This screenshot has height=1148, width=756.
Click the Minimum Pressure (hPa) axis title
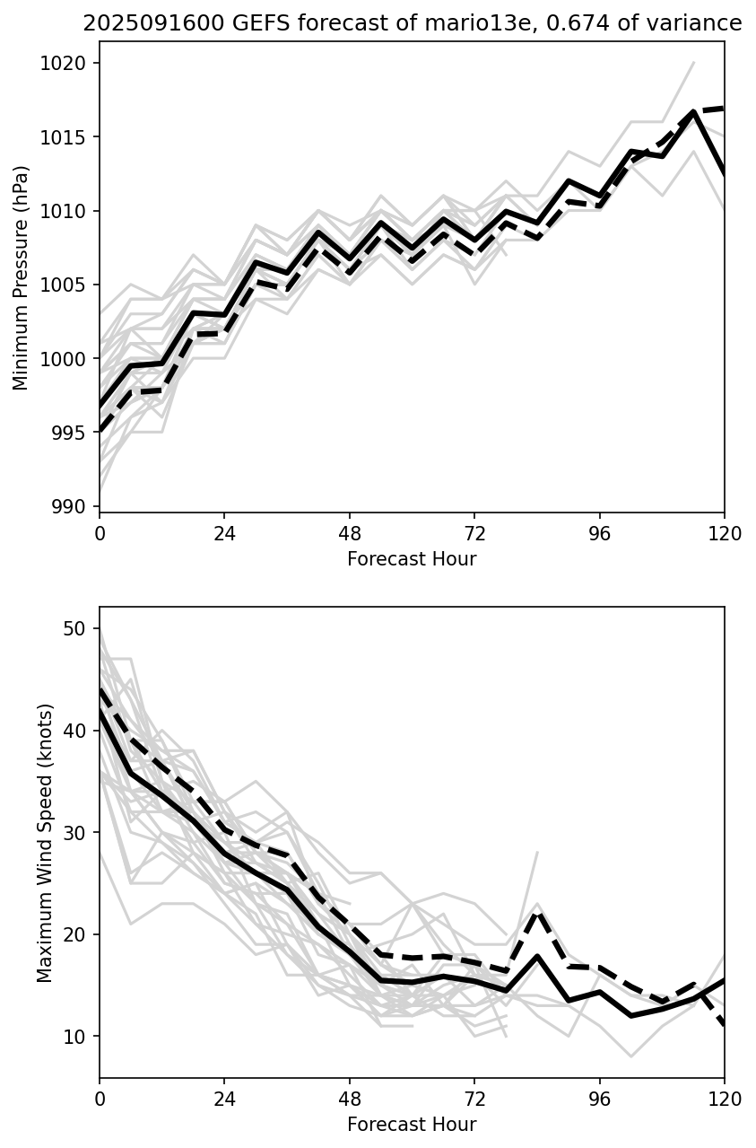pos(22,277)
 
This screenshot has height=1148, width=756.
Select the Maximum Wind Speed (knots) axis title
pos(45,842)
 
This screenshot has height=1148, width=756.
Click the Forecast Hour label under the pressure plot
pos(412,559)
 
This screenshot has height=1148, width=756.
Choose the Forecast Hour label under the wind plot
pos(412,1125)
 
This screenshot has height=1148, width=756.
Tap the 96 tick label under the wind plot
pos(599,1099)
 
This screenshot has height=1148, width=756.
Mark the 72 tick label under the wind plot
pos(474,1099)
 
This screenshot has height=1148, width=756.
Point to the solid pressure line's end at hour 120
pos(724,174)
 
